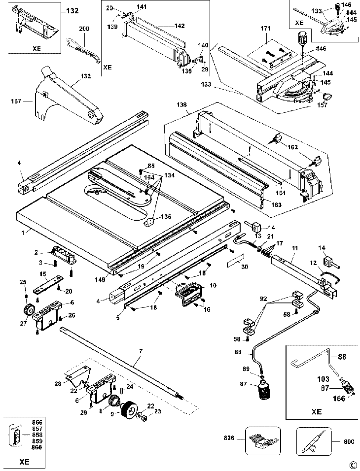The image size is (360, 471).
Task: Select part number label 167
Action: tap(16, 101)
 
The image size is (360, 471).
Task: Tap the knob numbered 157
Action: tap(327, 97)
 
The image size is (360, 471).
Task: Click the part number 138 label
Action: tap(181, 104)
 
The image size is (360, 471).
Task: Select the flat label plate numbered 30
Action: tap(235, 260)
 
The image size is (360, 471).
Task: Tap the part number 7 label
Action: tap(141, 351)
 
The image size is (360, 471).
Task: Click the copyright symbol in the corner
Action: tap(353, 465)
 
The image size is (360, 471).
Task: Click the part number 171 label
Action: tap(265, 29)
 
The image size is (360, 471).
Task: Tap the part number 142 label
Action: tap(179, 26)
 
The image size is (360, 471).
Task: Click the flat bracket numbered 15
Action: tap(48, 283)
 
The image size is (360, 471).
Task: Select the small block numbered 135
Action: tap(150, 222)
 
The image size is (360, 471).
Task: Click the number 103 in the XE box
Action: tap(323, 379)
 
